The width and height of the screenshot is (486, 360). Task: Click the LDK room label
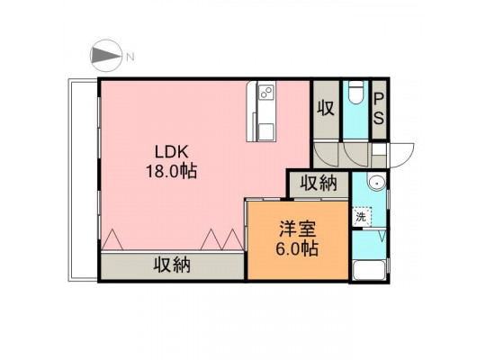(172, 152)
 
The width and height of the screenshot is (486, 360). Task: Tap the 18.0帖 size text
(171, 172)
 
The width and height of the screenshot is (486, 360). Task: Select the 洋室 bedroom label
(297, 229)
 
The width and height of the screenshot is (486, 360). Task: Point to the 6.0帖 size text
(297, 248)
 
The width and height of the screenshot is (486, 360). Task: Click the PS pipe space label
(379, 109)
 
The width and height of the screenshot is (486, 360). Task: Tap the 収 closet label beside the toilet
(326, 108)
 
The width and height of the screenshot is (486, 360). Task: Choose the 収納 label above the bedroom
(319, 183)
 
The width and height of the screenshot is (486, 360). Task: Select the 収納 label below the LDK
(172, 265)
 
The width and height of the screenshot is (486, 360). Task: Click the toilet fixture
(355, 93)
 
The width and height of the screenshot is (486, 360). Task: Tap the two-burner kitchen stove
(266, 92)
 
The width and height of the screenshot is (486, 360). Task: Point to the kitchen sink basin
(265, 130)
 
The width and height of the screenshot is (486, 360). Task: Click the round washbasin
(376, 184)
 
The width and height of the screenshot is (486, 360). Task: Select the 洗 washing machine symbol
(361, 217)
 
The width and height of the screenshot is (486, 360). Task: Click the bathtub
(369, 270)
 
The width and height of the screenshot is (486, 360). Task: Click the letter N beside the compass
(130, 57)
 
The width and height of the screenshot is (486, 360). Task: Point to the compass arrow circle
(106, 56)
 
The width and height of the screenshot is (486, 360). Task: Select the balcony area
(83, 180)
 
